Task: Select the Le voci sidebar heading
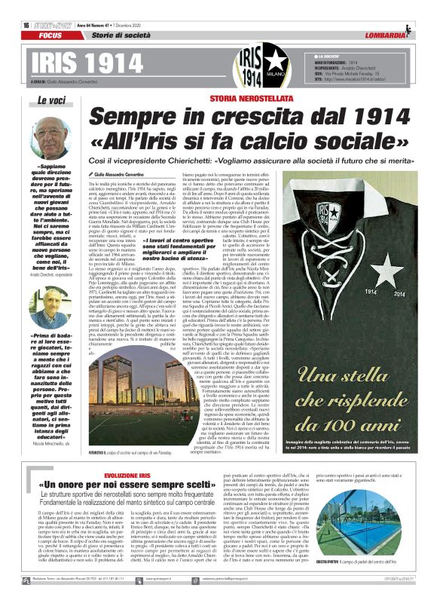52,99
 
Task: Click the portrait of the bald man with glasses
51,135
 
